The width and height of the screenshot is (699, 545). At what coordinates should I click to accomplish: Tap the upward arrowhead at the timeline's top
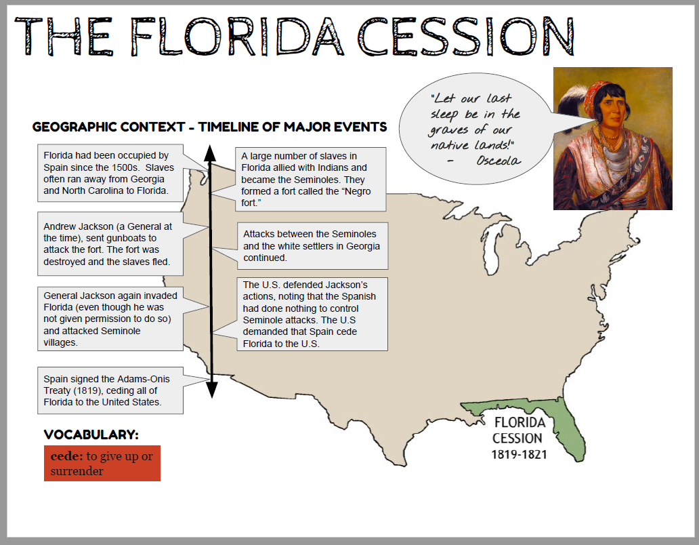tap(211, 152)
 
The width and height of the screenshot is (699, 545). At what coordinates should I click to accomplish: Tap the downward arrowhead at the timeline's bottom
tap(211, 390)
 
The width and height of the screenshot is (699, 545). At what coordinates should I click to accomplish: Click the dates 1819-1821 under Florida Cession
tap(518, 453)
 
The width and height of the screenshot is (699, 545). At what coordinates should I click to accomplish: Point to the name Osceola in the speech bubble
tap(498, 161)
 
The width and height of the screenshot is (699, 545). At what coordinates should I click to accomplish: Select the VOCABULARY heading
tap(91, 435)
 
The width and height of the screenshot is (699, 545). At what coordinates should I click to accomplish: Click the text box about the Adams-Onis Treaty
tap(110, 390)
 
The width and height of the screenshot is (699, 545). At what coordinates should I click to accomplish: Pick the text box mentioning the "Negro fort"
tap(310, 179)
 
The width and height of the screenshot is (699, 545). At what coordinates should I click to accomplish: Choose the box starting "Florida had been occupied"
tap(110, 172)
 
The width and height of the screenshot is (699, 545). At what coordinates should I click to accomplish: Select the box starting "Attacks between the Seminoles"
tap(312, 245)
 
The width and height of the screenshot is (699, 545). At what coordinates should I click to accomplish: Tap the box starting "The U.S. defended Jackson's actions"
tap(312, 314)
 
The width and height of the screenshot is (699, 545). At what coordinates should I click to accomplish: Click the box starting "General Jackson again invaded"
tap(110, 319)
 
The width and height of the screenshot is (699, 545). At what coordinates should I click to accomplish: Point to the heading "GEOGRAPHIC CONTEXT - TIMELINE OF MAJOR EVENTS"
tap(209, 127)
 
